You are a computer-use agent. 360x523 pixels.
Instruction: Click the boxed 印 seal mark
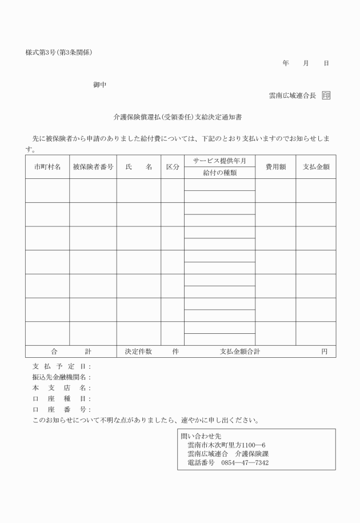[x=326, y=95]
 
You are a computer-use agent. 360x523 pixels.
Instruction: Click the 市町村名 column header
[x=47, y=167]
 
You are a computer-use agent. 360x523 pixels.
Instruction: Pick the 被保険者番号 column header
[x=93, y=167]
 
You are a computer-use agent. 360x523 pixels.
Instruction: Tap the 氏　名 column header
[x=138, y=167]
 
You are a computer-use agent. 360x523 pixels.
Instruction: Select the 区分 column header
[x=172, y=167]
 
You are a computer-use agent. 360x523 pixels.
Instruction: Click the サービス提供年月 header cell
[x=219, y=161]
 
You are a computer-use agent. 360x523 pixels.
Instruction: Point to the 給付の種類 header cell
[x=219, y=173]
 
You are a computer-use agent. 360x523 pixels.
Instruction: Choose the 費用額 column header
[x=275, y=167]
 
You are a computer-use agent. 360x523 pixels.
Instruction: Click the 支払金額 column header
[x=315, y=167]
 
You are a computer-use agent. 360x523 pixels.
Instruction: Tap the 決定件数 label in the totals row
[x=138, y=352]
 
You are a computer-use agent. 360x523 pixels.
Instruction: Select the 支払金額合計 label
[x=239, y=352]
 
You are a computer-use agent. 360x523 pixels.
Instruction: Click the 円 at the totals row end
[x=324, y=352]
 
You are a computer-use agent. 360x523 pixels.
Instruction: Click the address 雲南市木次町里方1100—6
[x=226, y=444]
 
